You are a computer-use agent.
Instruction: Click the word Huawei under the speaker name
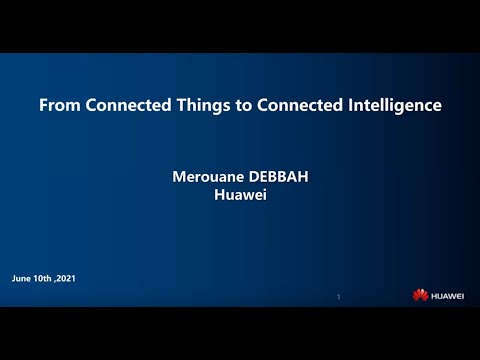(240, 194)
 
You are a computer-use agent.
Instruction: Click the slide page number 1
(339, 297)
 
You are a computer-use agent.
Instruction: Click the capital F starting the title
(42, 105)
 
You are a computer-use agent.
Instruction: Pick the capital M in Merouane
(180, 177)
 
